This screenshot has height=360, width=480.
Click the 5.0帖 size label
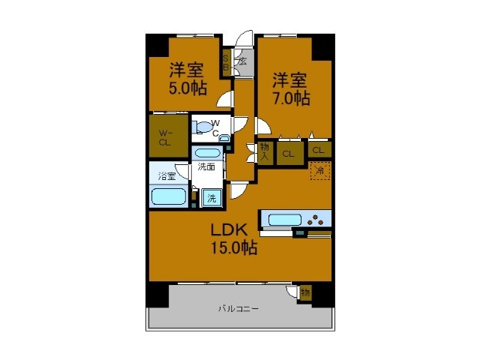[187, 88]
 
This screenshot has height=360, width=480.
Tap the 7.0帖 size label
[291, 97]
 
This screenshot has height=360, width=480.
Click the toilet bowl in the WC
[200, 127]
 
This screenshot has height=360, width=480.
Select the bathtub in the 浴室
[169, 196]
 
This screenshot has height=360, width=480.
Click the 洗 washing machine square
[211, 198]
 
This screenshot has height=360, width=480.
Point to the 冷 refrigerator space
[319, 171]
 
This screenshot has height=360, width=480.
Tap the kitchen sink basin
[284, 220]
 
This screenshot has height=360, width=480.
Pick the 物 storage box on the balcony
[305, 292]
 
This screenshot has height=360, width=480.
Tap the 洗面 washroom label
[208, 167]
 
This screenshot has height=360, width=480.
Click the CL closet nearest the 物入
[288, 154]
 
